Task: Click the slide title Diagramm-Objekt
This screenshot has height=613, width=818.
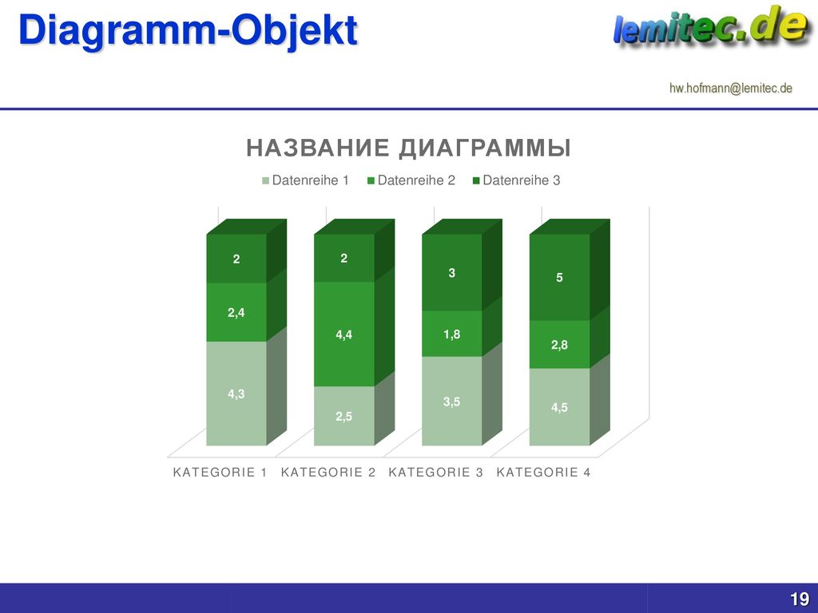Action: [x=188, y=30]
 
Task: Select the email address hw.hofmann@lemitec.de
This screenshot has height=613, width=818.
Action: [x=730, y=88]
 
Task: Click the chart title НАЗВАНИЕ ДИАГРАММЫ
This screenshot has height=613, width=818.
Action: [x=408, y=148]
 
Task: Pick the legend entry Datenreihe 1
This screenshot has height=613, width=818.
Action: [x=305, y=180]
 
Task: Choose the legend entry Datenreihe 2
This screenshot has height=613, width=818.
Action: [x=411, y=180]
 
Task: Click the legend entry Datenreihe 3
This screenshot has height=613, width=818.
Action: [x=517, y=180]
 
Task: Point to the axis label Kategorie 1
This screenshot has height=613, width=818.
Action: [x=220, y=473]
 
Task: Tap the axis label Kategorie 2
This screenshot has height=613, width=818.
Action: [x=328, y=473]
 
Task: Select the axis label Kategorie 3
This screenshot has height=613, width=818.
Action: [x=435, y=473]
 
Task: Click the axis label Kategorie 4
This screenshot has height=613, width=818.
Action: [x=543, y=473]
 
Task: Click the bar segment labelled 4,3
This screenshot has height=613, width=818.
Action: [x=236, y=394]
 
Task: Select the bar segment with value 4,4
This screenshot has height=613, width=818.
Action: [x=343, y=334]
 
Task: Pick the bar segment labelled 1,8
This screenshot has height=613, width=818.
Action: [x=452, y=334]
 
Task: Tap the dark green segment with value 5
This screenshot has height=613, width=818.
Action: [x=559, y=277]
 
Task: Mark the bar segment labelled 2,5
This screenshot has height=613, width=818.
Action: [x=343, y=416]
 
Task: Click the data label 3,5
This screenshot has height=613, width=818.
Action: [x=452, y=402]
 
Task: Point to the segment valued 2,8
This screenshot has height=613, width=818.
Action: [x=559, y=345]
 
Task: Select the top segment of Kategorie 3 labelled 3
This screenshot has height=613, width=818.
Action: [x=452, y=273]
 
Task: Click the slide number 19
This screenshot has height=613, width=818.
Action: [x=800, y=599]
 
